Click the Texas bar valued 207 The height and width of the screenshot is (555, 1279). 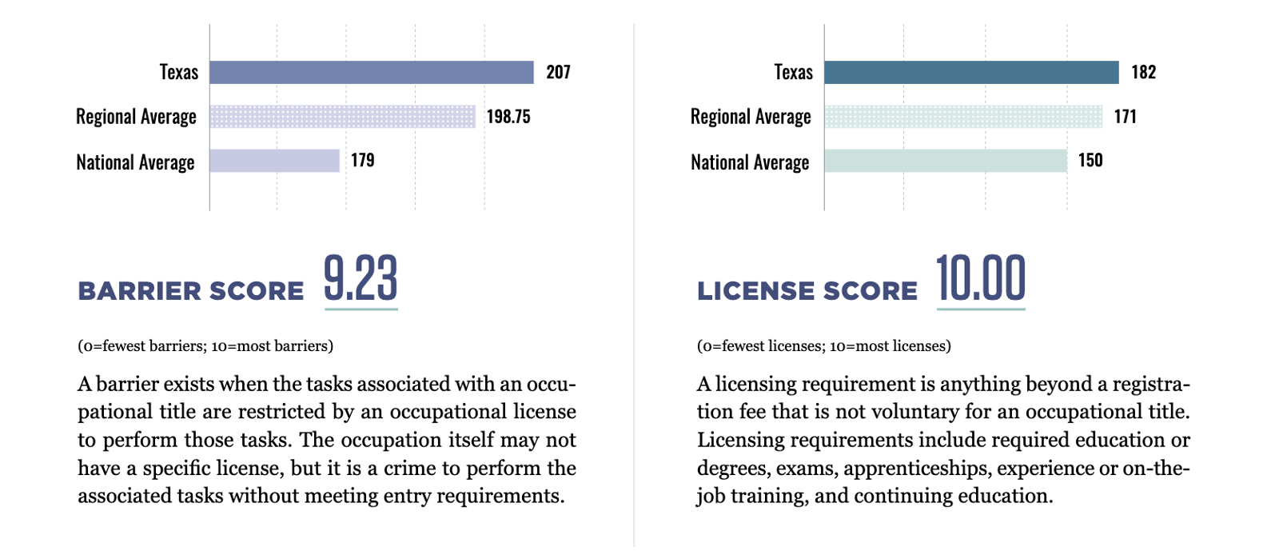coord(371,73)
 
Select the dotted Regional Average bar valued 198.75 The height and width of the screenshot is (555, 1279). coord(343,117)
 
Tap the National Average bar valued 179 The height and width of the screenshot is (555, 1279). coord(275,161)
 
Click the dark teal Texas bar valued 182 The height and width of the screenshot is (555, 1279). coord(971,73)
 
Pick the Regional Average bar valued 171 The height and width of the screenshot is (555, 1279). coord(963,117)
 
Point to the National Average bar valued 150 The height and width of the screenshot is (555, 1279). coord(946,161)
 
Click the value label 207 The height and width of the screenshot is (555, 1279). coord(558,72)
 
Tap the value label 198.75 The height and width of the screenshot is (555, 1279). coord(508,117)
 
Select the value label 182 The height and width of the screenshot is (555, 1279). coord(1144,72)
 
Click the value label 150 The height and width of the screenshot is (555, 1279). coord(1090,160)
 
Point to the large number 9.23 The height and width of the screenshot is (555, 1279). coord(361,278)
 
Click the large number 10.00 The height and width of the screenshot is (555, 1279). coord(981,278)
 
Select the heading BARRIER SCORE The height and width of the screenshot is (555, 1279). coord(191,290)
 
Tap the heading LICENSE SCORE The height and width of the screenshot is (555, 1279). coord(807,290)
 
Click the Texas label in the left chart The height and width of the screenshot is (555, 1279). coord(179,72)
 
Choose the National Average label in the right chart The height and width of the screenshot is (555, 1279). coord(750,162)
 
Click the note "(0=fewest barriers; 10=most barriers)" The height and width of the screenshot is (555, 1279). coord(205,346)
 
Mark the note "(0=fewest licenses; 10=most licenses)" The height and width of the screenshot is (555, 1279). coord(824,346)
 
